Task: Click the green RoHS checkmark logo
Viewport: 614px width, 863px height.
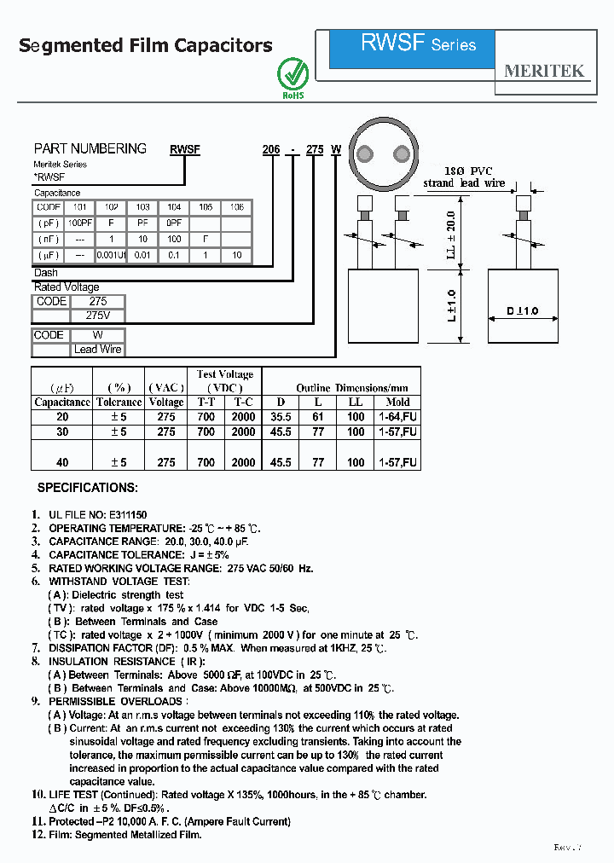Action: click(293, 74)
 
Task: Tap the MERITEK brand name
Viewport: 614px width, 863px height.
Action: click(544, 71)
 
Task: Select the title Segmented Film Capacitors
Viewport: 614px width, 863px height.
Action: click(146, 46)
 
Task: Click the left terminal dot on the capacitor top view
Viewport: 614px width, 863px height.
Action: click(365, 154)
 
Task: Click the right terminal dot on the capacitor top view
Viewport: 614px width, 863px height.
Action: click(401, 154)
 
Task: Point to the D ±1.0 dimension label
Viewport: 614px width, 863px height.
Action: click(522, 311)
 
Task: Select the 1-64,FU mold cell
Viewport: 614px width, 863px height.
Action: click(397, 417)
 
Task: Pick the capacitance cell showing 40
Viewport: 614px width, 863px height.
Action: click(62, 462)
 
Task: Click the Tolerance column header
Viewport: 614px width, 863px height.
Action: click(119, 402)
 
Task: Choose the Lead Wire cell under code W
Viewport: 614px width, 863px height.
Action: click(98, 350)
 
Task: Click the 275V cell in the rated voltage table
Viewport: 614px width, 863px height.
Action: click(98, 316)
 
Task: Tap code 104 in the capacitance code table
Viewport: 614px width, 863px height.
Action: click(173, 207)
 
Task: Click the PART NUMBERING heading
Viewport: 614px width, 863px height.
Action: click(90, 148)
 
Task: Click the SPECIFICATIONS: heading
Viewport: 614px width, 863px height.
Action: click(87, 488)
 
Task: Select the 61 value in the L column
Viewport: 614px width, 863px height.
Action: click(318, 417)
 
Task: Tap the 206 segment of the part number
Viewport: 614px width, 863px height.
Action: click(270, 149)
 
